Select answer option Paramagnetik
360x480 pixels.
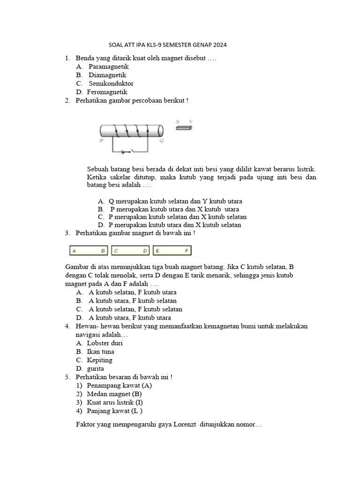tap(108, 67)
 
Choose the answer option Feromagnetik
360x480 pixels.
tap(107, 92)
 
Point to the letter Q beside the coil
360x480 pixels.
tap(162, 140)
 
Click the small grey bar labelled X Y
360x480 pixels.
tap(184, 127)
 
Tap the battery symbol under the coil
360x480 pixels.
tap(124, 152)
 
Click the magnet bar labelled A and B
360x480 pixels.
tap(88, 251)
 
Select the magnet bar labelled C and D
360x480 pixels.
tap(130, 251)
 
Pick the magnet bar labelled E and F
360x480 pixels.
tap(172, 251)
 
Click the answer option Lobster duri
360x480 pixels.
tap(105, 343)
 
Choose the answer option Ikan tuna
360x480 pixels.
tap(100, 352)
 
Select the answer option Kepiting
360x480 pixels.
tap(99, 360)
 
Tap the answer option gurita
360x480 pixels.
tap(96, 368)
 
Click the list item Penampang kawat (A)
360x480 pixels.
tap(119, 385)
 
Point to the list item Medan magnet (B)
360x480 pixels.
tap(114, 394)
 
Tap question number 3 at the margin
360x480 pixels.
tap(68, 232)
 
